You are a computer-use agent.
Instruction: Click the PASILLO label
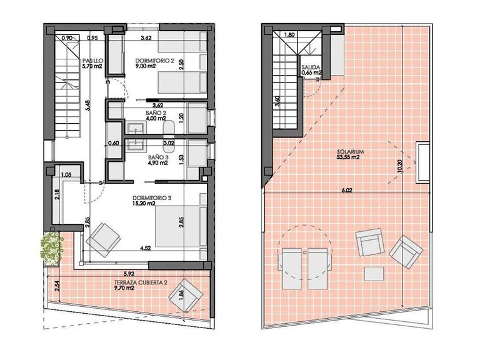93,61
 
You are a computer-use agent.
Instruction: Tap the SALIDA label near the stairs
311,66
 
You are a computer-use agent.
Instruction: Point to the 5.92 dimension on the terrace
129,272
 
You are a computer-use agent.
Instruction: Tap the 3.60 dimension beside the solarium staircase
279,101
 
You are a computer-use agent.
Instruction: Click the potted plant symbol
51,247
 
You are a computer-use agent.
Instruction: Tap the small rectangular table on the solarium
374,273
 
